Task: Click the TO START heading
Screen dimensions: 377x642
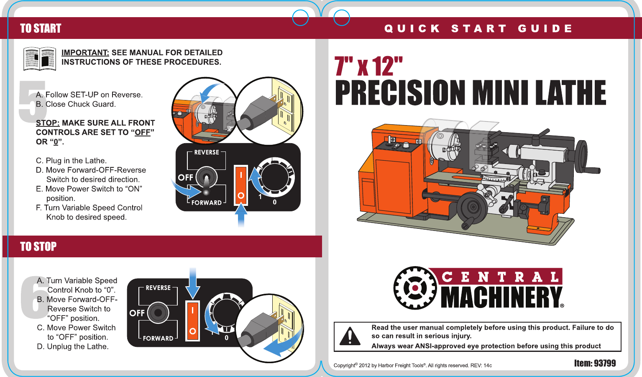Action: pos(41,28)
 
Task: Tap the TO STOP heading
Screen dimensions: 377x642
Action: pos(38,247)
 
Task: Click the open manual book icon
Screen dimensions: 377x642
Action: pos(40,59)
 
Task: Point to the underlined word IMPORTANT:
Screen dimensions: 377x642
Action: pos(85,53)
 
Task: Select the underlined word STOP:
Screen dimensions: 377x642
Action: pos(48,123)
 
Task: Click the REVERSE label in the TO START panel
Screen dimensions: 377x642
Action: pos(207,152)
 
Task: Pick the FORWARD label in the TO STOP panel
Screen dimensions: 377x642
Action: pos(158,338)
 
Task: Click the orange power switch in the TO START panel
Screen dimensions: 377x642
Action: pos(241,185)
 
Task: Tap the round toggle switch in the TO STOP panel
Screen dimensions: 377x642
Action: pos(158,313)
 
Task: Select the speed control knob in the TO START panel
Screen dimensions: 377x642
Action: pos(274,177)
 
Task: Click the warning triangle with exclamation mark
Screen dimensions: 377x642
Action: pos(350,336)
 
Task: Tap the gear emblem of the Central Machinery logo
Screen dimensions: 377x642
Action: pos(415,288)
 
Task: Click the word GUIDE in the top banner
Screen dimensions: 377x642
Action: pos(545,28)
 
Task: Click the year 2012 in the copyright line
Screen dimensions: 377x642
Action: pos(364,366)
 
